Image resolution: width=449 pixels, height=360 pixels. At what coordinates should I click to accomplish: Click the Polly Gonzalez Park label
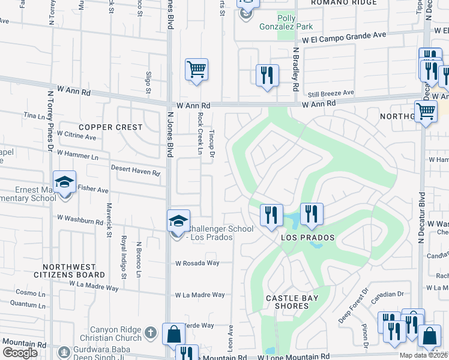pos(296,22)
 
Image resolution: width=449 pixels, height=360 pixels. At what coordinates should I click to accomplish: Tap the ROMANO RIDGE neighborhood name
pos(344,3)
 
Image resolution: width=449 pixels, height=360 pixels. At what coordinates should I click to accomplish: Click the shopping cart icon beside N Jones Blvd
pos(196,70)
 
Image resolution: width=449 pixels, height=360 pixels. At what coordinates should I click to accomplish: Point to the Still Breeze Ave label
pos(331,93)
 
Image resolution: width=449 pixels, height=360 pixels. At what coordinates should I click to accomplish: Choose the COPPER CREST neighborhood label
pos(110,127)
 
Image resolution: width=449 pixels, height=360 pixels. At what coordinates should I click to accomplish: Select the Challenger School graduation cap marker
pos(178,221)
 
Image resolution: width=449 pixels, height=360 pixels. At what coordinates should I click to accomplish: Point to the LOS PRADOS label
pos(308,238)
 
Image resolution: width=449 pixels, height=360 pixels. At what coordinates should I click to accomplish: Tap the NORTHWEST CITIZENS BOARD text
pos(74,271)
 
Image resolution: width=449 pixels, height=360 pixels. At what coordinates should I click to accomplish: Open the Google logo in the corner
pos(20,352)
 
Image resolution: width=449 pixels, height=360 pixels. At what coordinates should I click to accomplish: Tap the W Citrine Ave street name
pos(76,137)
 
